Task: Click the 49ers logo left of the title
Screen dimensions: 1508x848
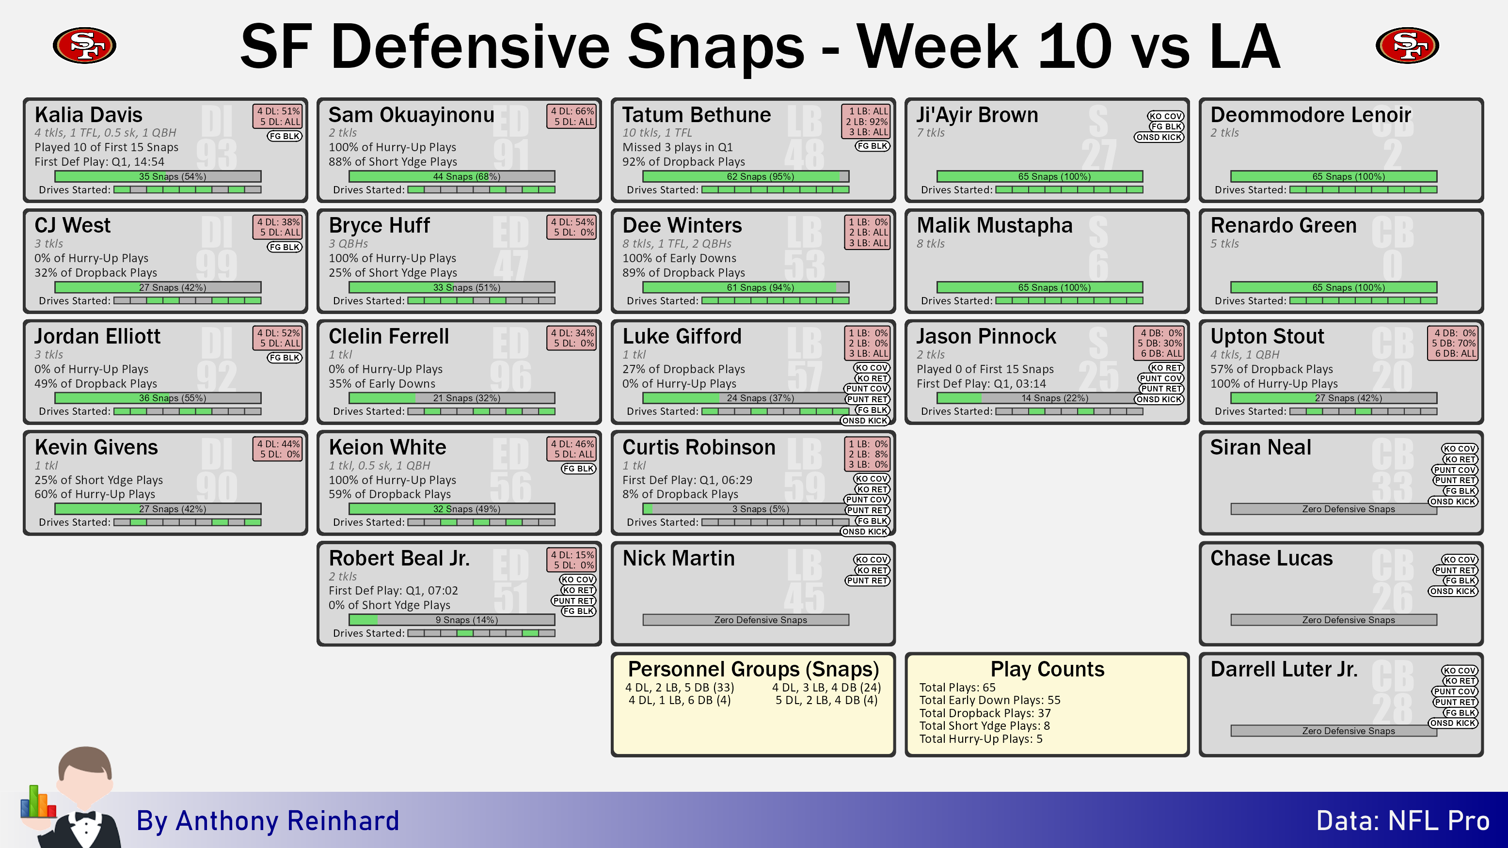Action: tap(84, 45)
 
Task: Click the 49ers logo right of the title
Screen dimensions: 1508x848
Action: tap(1407, 45)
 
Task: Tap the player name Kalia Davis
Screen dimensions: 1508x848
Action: tap(88, 115)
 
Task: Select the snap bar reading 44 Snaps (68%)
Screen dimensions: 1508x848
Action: tap(452, 176)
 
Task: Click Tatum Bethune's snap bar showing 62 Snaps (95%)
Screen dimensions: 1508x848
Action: tap(746, 176)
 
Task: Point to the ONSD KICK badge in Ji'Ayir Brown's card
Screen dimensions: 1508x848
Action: tap(1159, 137)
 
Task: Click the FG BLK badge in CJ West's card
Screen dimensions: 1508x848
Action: tap(285, 247)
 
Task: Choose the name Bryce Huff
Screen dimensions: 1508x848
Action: tap(380, 225)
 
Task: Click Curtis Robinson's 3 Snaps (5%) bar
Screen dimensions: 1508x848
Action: tap(746, 509)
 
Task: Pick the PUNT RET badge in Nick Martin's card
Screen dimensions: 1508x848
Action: tap(867, 581)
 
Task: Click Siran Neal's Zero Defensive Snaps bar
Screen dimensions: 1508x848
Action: tap(1333, 509)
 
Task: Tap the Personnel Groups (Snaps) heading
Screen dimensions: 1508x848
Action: tap(753, 669)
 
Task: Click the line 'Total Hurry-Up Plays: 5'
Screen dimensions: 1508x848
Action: tap(981, 738)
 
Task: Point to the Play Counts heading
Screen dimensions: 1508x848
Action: tap(1048, 669)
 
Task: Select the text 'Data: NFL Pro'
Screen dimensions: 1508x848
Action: tap(1403, 820)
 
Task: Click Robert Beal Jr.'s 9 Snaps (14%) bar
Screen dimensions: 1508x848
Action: tap(452, 620)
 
